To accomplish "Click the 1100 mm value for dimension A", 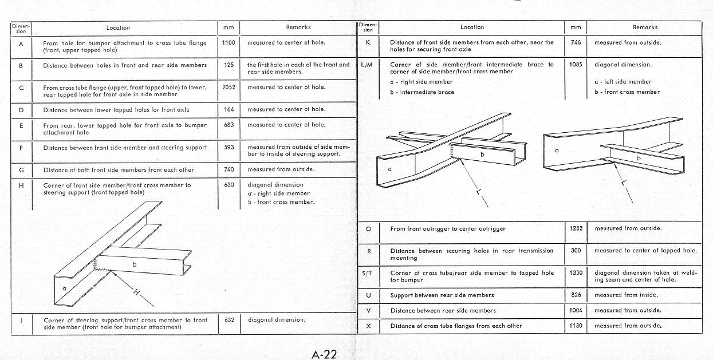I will pyautogui.click(x=229, y=42).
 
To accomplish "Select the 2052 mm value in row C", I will pyautogui.click(x=229, y=87).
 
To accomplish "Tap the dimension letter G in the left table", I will pyautogui.click(x=21, y=169).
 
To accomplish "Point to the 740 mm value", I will pyautogui.click(x=229, y=169).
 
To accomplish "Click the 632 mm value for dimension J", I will pyautogui.click(x=229, y=320).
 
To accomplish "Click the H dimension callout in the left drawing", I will pyautogui.click(x=136, y=292).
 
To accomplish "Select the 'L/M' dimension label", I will pyautogui.click(x=367, y=65).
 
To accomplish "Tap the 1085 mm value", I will pyautogui.click(x=576, y=65).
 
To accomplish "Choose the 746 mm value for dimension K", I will pyautogui.click(x=576, y=42).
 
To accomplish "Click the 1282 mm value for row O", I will pyautogui.click(x=576, y=228).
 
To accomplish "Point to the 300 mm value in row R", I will pyautogui.click(x=576, y=250).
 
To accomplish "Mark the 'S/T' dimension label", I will pyautogui.click(x=367, y=273).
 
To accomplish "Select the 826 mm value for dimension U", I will pyautogui.click(x=576, y=295).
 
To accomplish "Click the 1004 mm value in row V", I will pyautogui.click(x=576, y=310).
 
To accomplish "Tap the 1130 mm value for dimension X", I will pyautogui.click(x=576, y=326).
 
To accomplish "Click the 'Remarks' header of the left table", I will pyautogui.click(x=298, y=27).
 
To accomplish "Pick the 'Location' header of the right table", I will pyautogui.click(x=472, y=27).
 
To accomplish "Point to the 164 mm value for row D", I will pyautogui.click(x=229, y=109).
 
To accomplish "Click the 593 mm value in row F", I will pyautogui.click(x=229, y=147).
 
